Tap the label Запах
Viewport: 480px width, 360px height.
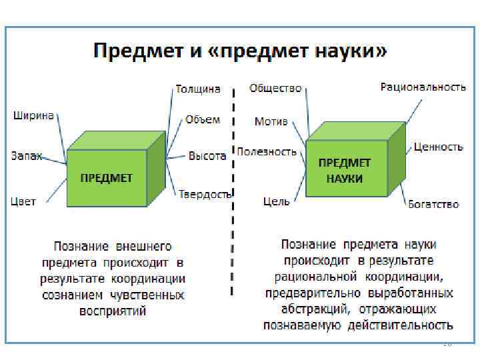(x=27, y=156)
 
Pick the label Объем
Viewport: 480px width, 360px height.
(x=203, y=119)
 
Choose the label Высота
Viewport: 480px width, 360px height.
(x=207, y=156)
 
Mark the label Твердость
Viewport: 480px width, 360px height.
(x=205, y=194)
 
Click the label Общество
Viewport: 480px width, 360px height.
(x=275, y=88)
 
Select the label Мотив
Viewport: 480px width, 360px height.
(x=271, y=121)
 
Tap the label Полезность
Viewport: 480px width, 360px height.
(x=267, y=151)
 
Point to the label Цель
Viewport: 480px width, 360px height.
(x=276, y=200)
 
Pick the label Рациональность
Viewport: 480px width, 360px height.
(x=423, y=87)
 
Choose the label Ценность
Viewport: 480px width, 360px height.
(x=438, y=147)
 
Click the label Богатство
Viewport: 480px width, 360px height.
(x=433, y=204)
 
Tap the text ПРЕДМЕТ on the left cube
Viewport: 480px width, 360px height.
(x=107, y=178)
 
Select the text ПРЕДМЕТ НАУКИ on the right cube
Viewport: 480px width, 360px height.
(x=345, y=171)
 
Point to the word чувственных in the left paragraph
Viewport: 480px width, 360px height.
(x=146, y=295)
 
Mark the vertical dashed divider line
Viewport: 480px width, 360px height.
(x=232, y=193)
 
